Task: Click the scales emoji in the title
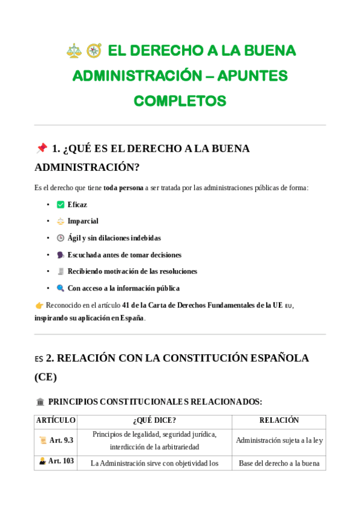74,51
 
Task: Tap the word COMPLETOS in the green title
180,100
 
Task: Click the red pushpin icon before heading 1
41,149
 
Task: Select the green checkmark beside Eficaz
60,204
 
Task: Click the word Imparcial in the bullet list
83,221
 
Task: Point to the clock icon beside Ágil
60,238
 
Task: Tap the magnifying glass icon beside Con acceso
60,288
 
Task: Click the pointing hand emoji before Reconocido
39,306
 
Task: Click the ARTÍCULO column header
56,420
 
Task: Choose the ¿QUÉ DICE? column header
154,420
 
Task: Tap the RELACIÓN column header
279,420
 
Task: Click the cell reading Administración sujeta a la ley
279,440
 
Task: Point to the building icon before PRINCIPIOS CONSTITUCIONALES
40,402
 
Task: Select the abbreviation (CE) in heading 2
46,377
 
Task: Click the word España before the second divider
132,318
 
